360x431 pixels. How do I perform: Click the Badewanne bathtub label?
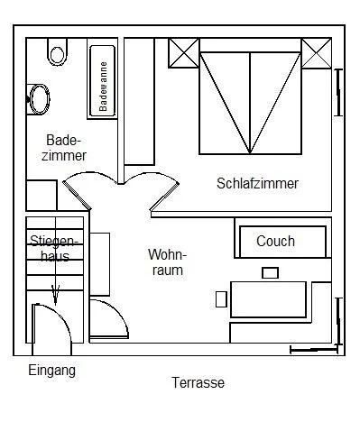[x=103, y=87]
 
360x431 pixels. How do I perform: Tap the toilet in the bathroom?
[x=57, y=51]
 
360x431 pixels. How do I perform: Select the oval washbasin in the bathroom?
[x=39, y=99]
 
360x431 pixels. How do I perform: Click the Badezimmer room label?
[x=64, y=148]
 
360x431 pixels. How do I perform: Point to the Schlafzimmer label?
[x=257, y=183]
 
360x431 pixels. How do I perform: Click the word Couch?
[x=275, y=241]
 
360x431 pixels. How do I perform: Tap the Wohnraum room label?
[x=167, y=262]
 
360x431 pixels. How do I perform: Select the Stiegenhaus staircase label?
[x=54, y=249]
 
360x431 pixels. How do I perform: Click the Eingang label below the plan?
[x=52, y=370]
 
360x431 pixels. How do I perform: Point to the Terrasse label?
[x=198, y=382]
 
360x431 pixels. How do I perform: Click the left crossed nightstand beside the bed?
[x=183, y=53]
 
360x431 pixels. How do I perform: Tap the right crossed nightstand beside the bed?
[x=317, y=53]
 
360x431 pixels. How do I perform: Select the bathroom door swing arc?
[x=91, y=173]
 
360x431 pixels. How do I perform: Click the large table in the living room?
[x=268, y=299]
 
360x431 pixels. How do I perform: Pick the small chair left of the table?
[x=221, y=299]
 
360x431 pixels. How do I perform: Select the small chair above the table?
[x=270, y=273]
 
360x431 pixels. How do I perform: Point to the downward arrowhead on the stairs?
[x=55, y=295]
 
